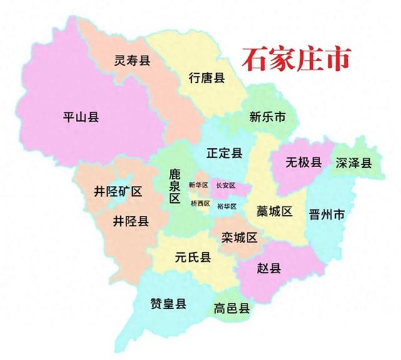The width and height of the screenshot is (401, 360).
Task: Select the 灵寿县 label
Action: (132, 61)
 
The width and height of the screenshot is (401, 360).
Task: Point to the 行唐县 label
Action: (207, 78)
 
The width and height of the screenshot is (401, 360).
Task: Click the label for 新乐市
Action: (268, 116)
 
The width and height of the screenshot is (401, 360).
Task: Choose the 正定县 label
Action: (224, 153)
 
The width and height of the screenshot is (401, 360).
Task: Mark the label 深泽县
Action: (354, 163)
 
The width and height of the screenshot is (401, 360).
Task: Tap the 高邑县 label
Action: (232, 308)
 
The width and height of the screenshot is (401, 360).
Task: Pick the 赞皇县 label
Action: (169, 304)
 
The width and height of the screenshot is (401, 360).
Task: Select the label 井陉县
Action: (131, 221)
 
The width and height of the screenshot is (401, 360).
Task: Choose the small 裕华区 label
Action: (227, 207)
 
